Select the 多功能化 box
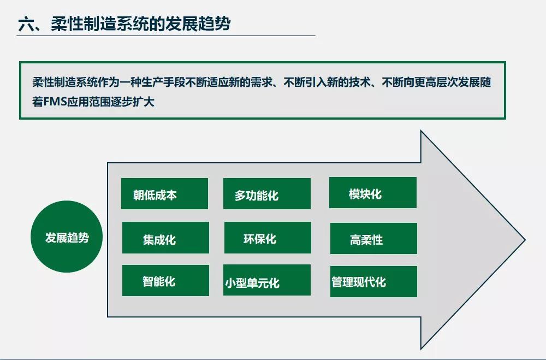(266, 194)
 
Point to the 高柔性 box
(373, 238)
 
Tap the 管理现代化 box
(373, 281)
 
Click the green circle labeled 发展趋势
(67, 238)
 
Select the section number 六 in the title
(25, 25)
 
